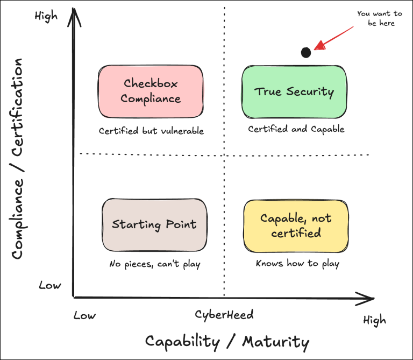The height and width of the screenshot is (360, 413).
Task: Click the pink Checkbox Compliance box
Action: point(151,91)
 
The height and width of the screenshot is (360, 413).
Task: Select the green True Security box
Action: point(294,91)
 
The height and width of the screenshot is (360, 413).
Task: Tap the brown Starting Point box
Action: point(154,224)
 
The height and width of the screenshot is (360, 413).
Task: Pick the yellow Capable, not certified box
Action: point(296,225)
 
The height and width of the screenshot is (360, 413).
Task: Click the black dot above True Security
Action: point(305,52)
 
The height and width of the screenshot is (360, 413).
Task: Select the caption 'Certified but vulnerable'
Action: point(151,131)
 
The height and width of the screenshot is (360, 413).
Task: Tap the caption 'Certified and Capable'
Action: point(296,129)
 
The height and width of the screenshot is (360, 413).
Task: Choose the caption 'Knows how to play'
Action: point(297,264)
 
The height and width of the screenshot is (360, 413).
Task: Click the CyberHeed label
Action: point(224,314)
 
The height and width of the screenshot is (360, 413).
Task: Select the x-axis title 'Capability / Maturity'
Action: point(227,342)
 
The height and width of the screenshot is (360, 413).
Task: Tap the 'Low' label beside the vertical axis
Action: point(49,285)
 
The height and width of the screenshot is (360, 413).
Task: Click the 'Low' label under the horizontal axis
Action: point(84,315)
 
